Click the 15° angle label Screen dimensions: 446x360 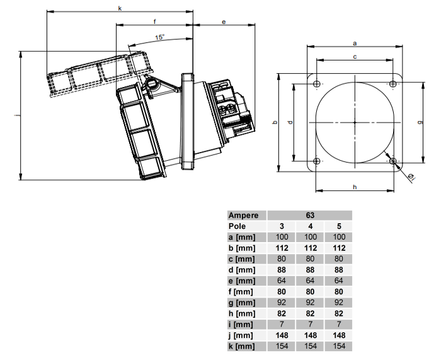click(160, 37)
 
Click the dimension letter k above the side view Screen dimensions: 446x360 click(120, 8)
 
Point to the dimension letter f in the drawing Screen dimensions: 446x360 click(155, 21)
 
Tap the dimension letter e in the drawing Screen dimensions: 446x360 click(224, 21)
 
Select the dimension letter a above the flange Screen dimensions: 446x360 click(355, 44)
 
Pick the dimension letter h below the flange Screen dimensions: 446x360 click(355, 187)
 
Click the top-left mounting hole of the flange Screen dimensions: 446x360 click(317, 84)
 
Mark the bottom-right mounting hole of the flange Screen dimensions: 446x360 click(393, 161)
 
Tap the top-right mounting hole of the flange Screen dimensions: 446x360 click(393, 84)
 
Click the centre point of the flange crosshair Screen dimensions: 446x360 click(355, 122)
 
